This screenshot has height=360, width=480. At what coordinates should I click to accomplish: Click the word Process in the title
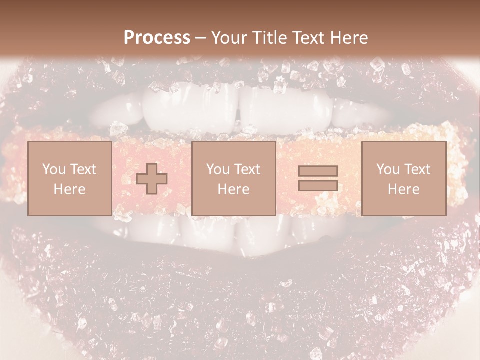click(157, 38)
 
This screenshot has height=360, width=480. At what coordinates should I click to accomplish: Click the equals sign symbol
click(318, 178)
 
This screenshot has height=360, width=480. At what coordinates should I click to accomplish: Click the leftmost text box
click(69, 178)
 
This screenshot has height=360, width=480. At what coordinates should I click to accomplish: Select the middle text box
click(233, 178)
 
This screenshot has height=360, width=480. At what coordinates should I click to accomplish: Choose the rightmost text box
click(403, 178)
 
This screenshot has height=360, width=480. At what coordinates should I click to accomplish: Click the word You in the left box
click(54, 169)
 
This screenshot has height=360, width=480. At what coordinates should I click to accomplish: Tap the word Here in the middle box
click(233, 189)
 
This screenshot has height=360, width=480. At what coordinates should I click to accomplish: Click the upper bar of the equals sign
click(318, 171)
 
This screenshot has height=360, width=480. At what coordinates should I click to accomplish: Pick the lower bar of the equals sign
click(318, 185)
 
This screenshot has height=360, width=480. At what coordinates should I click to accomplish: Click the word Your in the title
click(230, 38)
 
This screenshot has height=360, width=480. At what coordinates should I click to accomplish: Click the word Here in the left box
click(69, 189)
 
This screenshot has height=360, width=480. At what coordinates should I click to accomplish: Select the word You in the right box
click(388, 169)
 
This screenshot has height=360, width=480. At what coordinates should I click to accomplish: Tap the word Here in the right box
click(403, 189)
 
